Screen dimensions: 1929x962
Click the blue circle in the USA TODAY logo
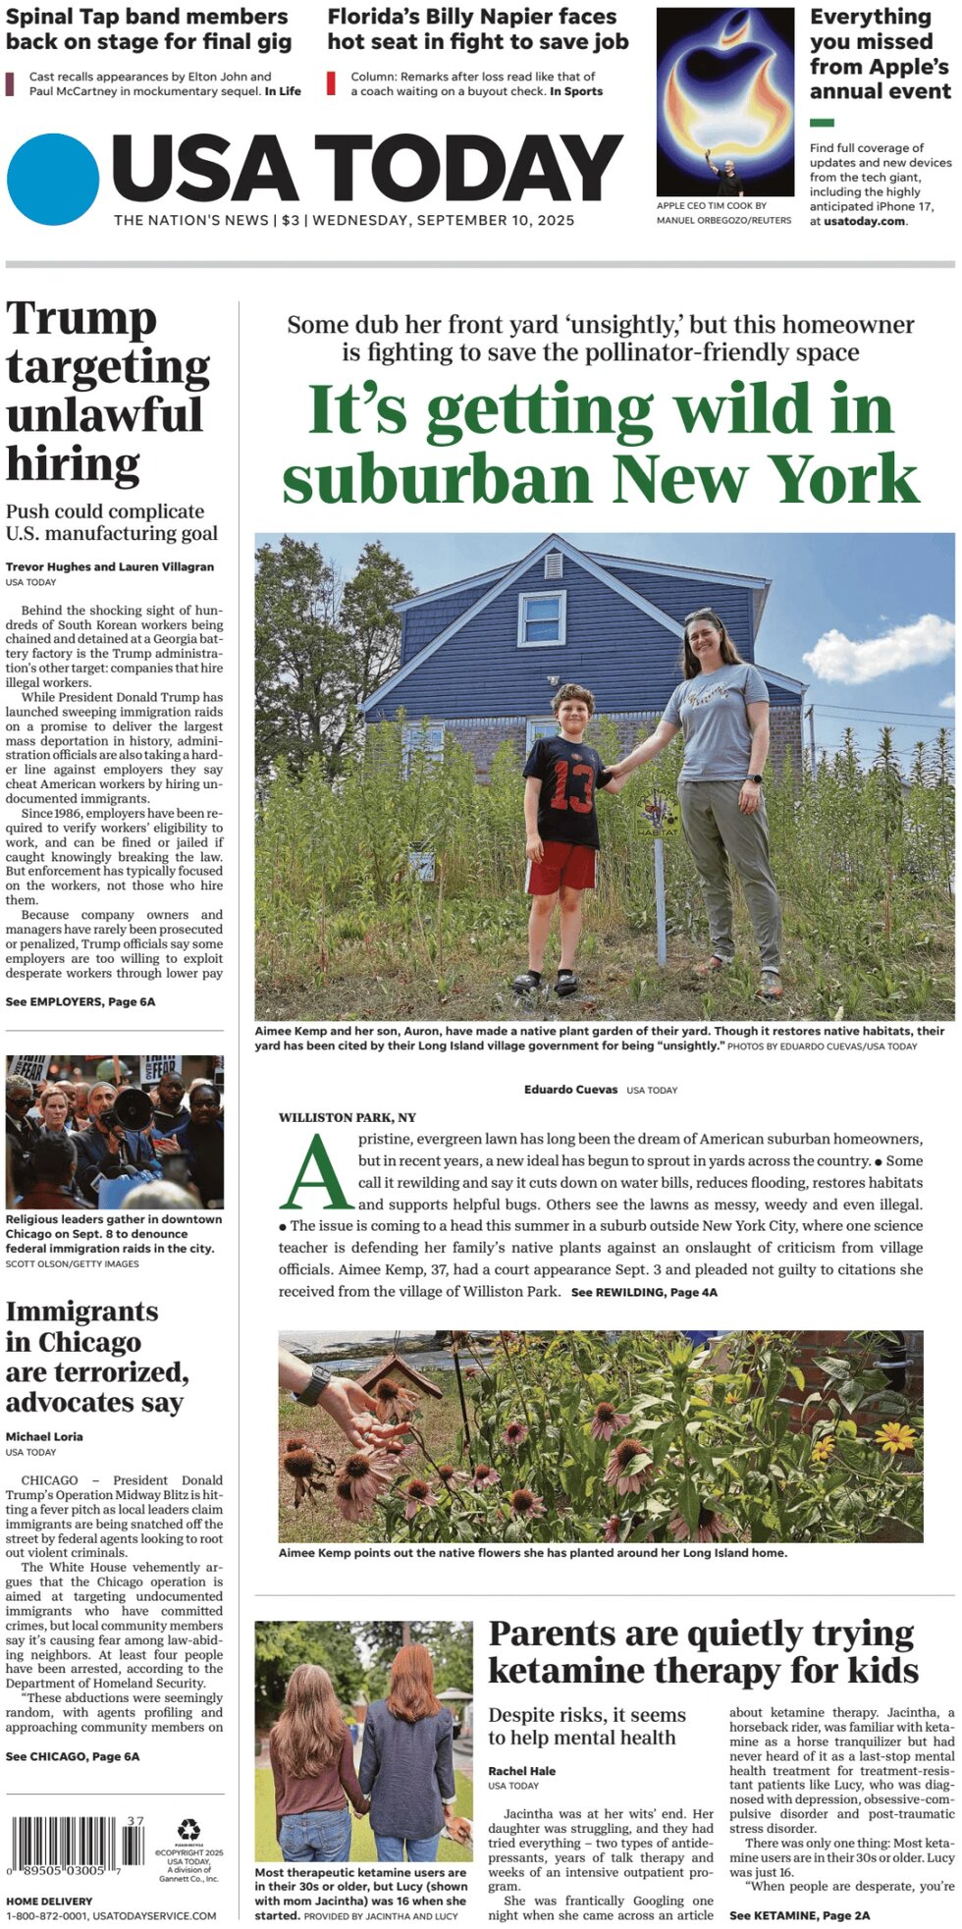pos(53,180)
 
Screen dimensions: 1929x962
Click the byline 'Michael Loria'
pos(44,1436)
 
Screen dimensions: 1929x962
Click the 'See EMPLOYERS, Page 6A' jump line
pos(80,1001)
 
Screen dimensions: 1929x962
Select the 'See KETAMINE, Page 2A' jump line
pos(799,1914)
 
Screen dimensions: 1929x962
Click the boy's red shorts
pos(561,869)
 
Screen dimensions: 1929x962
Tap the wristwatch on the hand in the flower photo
pos(313,1385)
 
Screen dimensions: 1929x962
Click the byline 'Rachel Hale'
pos(522,1771)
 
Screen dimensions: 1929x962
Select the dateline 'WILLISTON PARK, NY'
pos(347,1117)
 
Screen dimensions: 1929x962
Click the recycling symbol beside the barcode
pos(188,1830)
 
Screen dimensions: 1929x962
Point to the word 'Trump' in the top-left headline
pos(81,319)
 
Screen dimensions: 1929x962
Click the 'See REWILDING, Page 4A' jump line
pos(644,1292)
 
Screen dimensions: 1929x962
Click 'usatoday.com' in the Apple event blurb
pos(864,221)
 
